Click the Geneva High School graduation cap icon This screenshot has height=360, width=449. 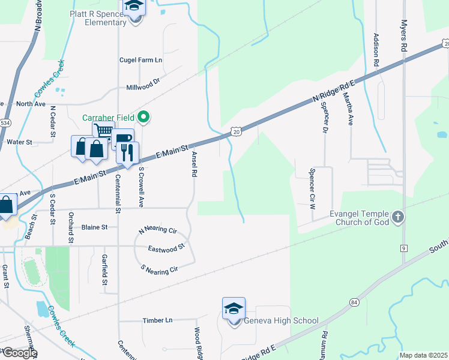click(234, 308)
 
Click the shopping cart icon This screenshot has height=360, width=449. click(103, 131)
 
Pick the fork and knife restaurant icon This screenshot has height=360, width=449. click(127, 152)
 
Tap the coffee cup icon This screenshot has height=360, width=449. click(122, 139)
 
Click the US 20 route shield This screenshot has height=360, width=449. click(236, 131)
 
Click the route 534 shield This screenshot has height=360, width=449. click(5, 123)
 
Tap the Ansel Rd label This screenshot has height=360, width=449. click(194, 163)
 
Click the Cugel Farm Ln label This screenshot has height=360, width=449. click(141, 61)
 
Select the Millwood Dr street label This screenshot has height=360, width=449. click(143, 88)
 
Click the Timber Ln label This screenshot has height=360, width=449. click(157, 320)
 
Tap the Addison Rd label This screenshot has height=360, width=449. click(376, 49)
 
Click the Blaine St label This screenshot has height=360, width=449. click(94, 227)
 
